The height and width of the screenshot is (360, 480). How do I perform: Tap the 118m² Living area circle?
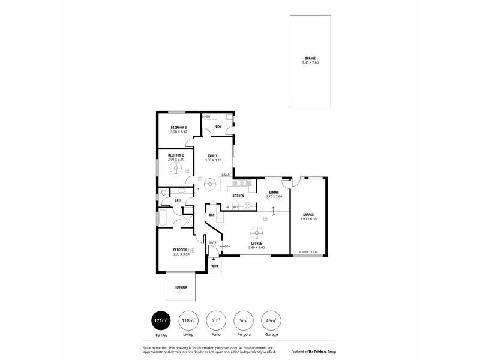click(x=188, y=321)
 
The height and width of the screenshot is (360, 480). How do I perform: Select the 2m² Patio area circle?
click(x=215, y=321)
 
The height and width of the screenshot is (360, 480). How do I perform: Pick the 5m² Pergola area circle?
click(x=243, y=321)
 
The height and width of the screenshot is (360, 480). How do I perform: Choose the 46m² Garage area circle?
click(x=271, y=321)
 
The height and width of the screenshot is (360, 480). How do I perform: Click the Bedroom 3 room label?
click(x=178, y=127)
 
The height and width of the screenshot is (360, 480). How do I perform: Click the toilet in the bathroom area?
click(x=164, y=193)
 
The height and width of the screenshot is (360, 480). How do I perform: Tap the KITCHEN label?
click(x=238, y=196)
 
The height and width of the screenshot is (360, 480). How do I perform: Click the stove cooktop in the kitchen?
click(x=247, y=207)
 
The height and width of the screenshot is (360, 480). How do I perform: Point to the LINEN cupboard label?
click(x=206, y=116)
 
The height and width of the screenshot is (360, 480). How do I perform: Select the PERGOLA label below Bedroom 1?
click(x=181, y=287)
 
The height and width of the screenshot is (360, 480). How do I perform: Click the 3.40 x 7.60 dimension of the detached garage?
click(x=310, y=62)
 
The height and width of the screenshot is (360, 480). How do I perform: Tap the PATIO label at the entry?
click(x=214, y=265)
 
